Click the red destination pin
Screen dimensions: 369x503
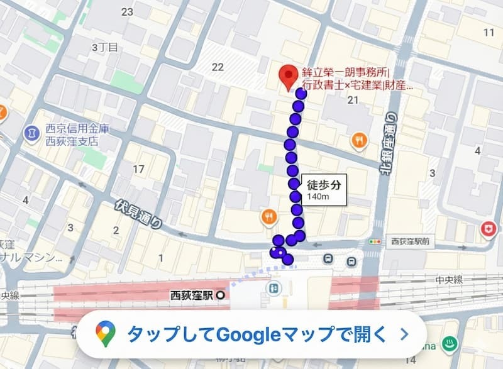289,76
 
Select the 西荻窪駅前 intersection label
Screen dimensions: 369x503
409,241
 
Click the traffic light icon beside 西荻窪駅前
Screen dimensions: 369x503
376,241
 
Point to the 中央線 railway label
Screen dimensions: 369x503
449,280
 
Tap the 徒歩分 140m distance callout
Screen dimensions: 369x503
324,190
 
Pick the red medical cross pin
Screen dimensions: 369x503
488,230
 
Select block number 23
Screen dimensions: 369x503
128,12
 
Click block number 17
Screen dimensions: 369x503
138,168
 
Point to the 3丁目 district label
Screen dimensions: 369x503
104,47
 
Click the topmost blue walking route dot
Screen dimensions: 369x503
301,94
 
